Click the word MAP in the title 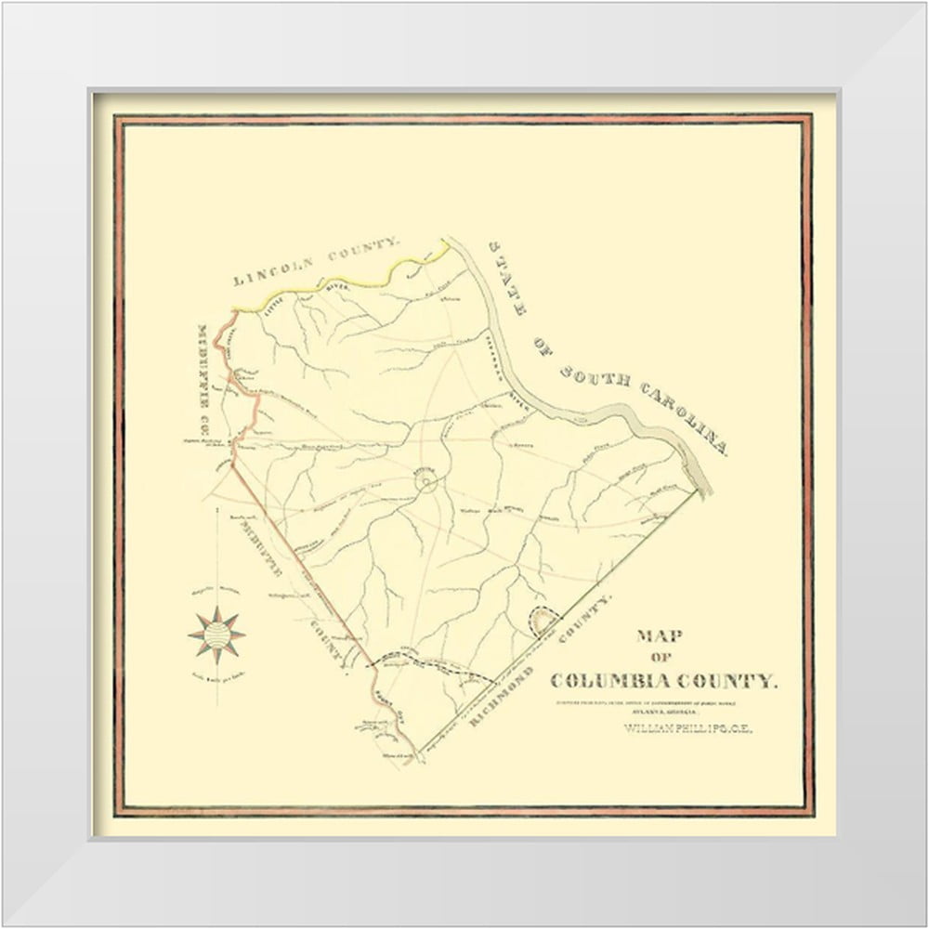point(661,637)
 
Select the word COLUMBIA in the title point(620,680)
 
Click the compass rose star point(216,635)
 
